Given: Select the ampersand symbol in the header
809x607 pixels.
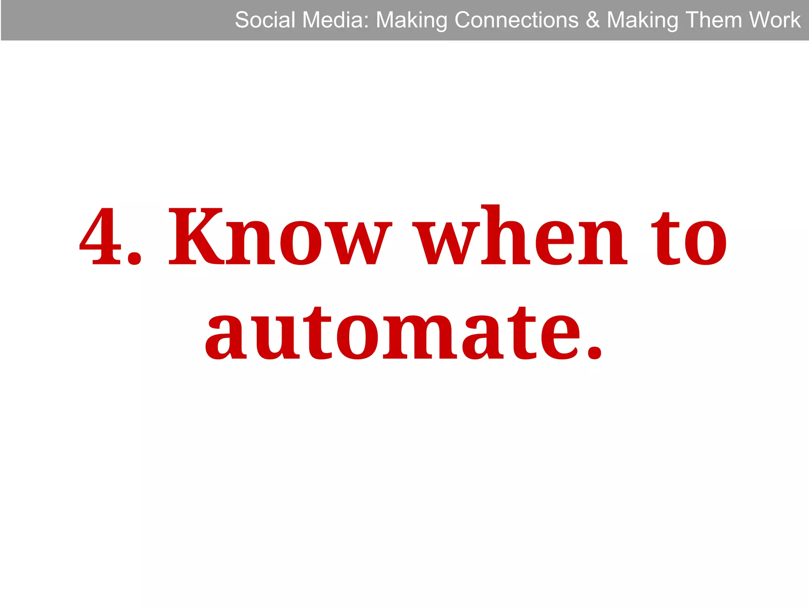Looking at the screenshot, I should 593,20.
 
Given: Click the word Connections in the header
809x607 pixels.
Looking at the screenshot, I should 517,20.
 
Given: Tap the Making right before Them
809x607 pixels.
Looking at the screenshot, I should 642,21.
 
